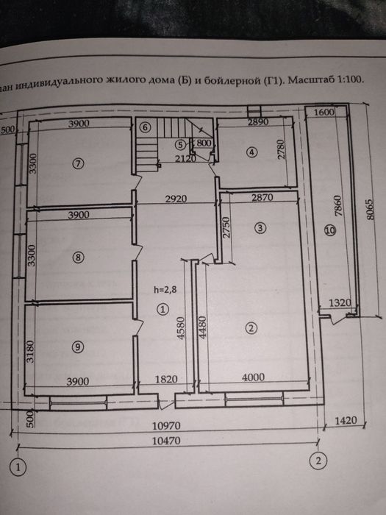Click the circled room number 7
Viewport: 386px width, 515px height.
[79, 163]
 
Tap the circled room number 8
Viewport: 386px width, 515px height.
[79, 257]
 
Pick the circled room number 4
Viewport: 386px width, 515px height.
[251, 152]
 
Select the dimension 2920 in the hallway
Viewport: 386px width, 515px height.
[176, 199]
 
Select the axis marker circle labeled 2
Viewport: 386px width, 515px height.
[317, 462]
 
